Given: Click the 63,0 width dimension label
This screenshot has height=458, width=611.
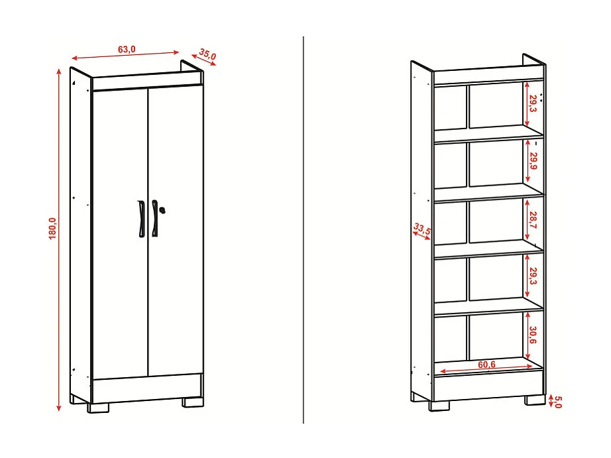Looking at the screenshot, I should pyautogui.click(x=127, y=49).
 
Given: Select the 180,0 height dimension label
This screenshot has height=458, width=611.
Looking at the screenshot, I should pyautogui.click(x=52, y=229).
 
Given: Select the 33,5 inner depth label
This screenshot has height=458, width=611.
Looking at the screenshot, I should pyautogui.click(x=422, y=229).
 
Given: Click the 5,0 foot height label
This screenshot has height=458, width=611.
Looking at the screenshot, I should pyautogui.click(x=557, y=401).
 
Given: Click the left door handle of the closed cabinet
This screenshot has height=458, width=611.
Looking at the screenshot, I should pyautogui.click(x=141, y=217).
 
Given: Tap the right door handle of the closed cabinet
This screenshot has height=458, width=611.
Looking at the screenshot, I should pyautogui.click(x=154, y=217).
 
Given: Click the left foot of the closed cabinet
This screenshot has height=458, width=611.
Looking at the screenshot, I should pyautogui.click(x=97, y=407).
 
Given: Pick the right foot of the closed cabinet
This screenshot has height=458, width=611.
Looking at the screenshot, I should pyautogui.click(x=194, y=402).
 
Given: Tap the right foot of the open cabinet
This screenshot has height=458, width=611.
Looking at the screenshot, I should pyautogui.click(x=535, y=400).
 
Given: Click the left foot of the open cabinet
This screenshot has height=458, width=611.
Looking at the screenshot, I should pyautogui.click(x=439, y=406).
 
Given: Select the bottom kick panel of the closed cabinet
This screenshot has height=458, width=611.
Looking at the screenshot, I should pyautogui.click(x=147, y=388).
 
